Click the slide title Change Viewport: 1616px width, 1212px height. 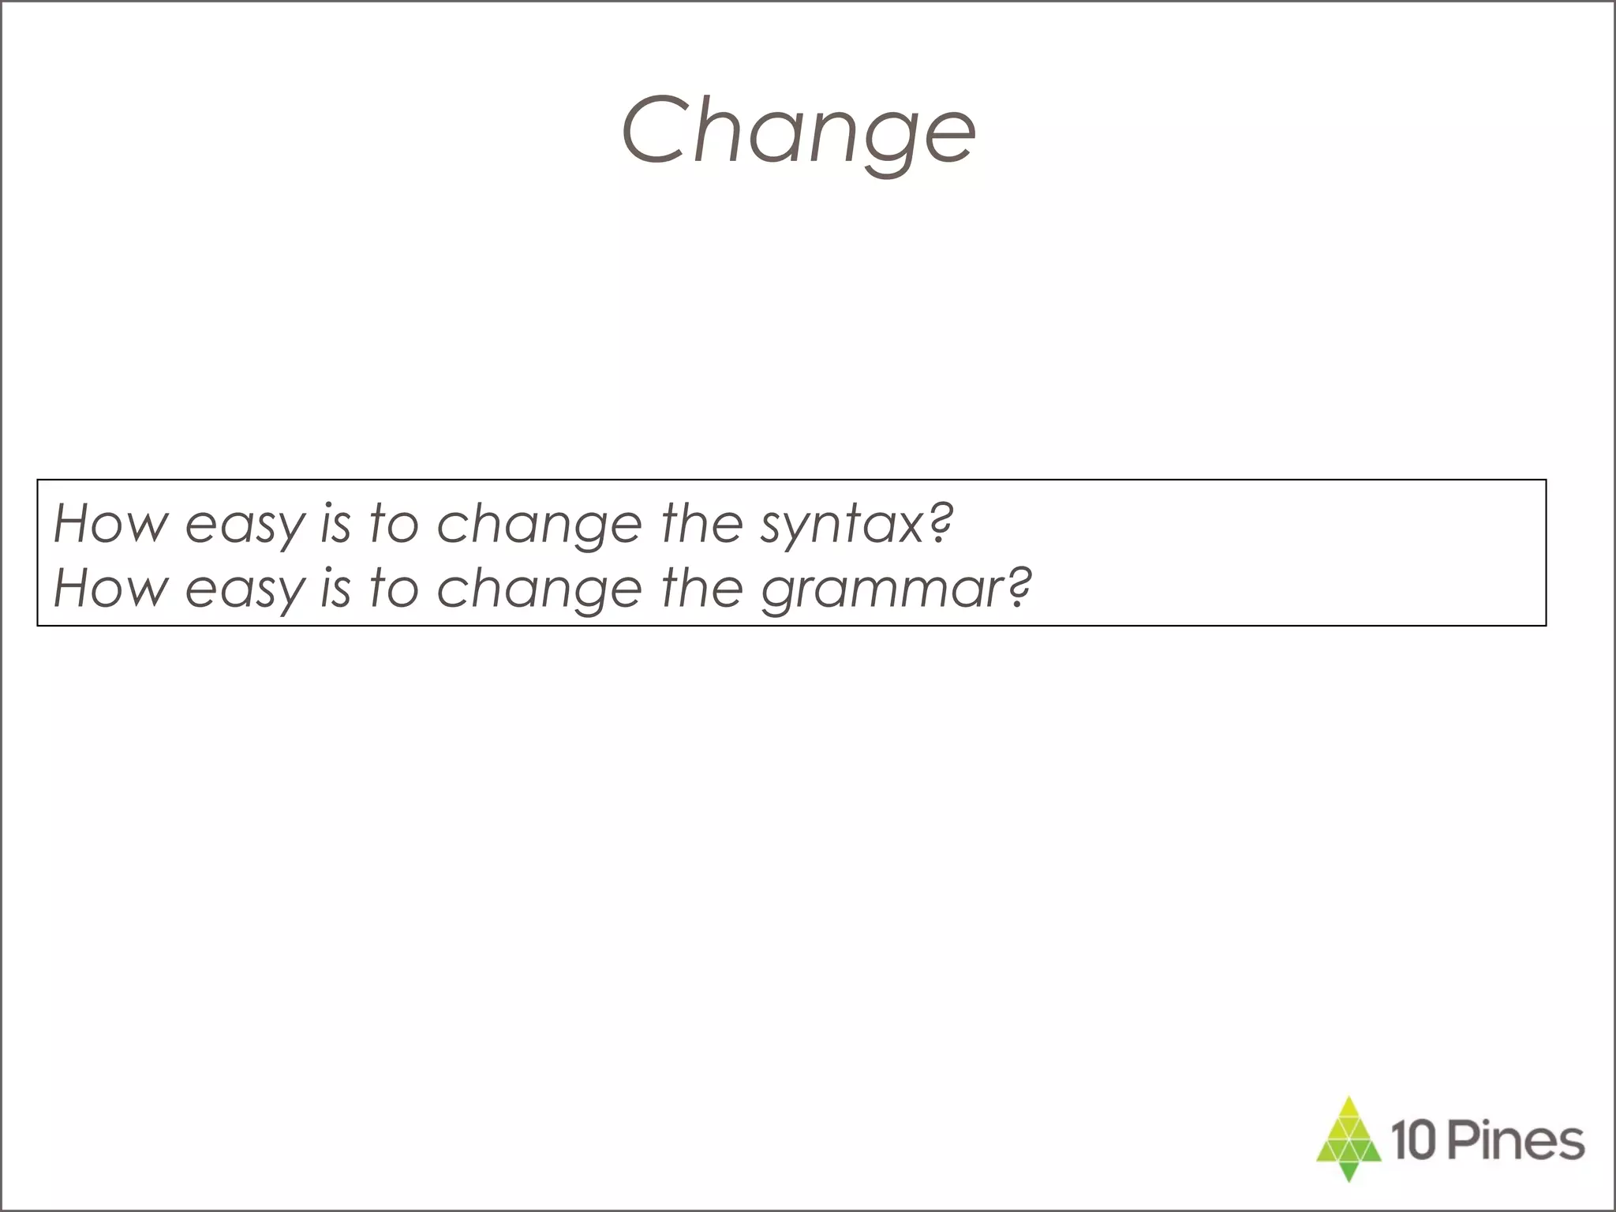click(799, 131)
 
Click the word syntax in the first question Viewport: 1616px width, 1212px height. click(841, 525)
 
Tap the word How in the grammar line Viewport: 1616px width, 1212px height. click(111, 588)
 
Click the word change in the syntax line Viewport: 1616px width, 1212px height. click(540, 525)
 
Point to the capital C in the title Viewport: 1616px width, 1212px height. click(660, 129)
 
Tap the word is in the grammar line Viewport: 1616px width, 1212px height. click(335, 588)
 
